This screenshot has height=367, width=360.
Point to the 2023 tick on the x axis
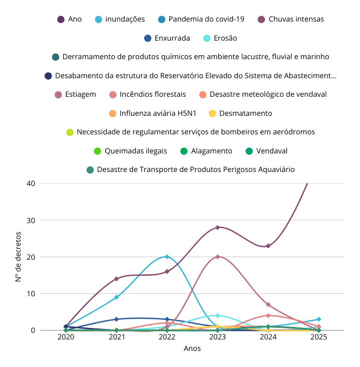click(217, 337)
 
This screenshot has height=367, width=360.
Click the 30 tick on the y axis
click(31, 220)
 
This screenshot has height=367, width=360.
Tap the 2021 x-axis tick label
click(116, 337)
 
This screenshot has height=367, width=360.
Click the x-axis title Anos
click(192, 348)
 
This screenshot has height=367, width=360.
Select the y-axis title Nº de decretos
click(18, 256)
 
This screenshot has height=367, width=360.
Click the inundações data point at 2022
click(167, 257)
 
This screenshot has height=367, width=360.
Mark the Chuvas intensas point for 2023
click(217, 227)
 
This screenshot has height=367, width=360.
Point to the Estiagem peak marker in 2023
click(217, 257)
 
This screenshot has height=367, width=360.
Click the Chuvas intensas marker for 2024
click(268, 246)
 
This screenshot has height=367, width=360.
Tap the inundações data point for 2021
click(116, 297)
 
